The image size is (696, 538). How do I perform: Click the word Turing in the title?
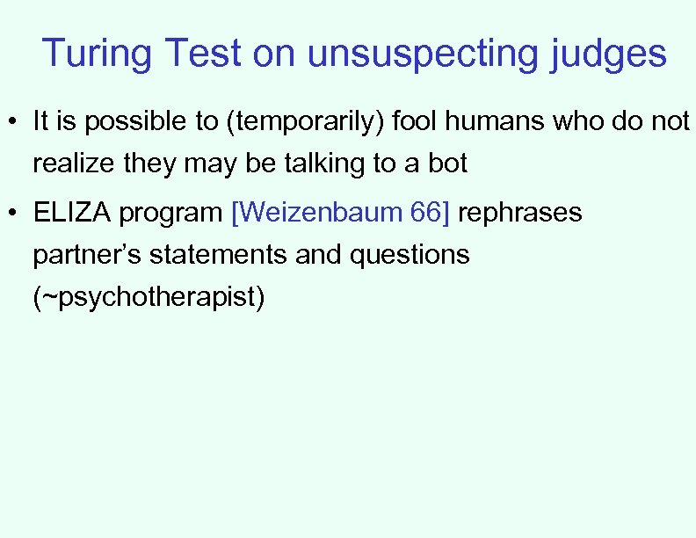pyautogui.click(x=96, y=54)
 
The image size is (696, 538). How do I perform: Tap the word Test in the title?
pyautogui.click(x=203, y=54)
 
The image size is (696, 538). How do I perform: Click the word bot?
pyautogui.click(x=447, y=164)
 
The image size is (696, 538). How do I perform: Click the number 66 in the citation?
pyautogui.click(x=429, y=213)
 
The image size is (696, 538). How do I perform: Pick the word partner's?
pyautogui.click(x=87, y=256)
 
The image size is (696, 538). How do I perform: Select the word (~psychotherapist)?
pyautogui.click(x=148, y=298)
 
